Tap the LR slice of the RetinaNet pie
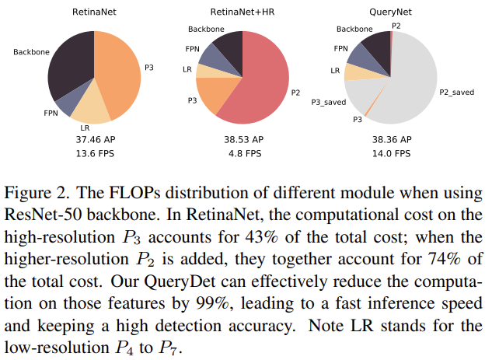click(x=90, y=110)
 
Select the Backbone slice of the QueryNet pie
click(x=379, y=48)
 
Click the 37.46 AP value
click(x=94, y=139)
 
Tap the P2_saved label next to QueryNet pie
click(x=458, y=92)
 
